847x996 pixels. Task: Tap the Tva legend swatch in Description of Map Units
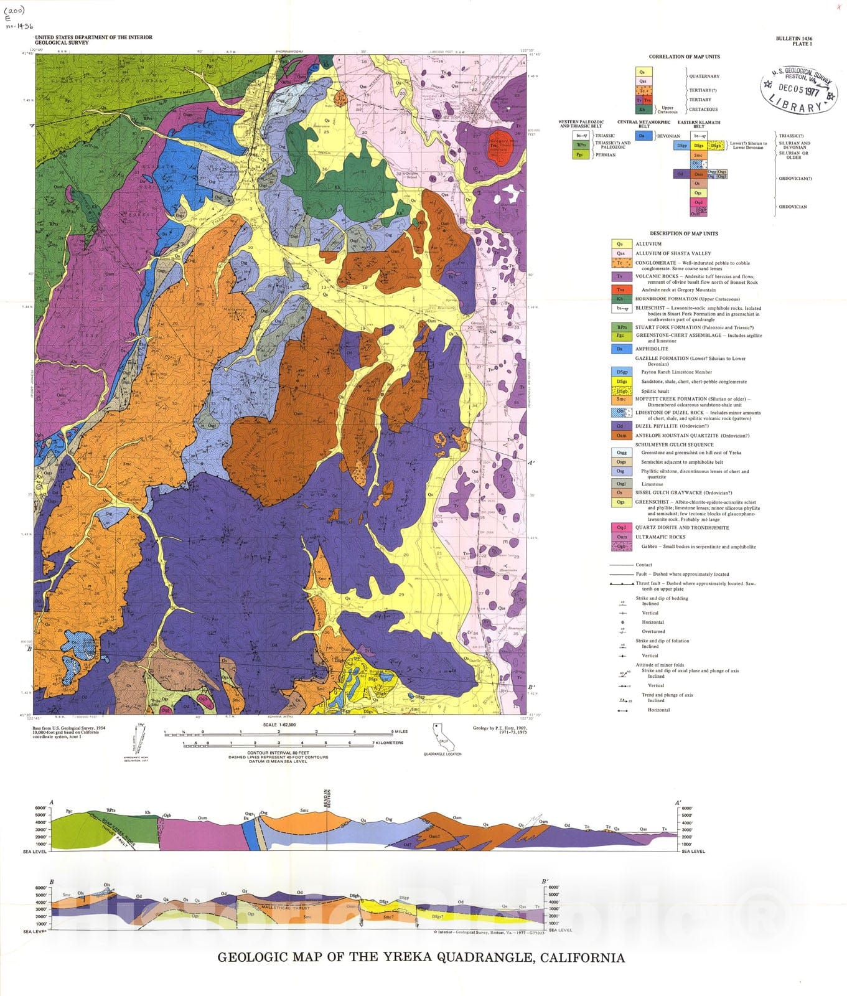[620, 289]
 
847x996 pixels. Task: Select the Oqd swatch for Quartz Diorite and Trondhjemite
[620, 527]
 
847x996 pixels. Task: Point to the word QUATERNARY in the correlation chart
[704, 76]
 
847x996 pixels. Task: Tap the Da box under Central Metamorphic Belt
[643, 135]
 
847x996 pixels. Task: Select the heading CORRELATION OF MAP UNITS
[684, 57]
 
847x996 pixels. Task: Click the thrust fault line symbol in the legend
[622, 584]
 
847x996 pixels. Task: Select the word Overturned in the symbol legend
[653, 631]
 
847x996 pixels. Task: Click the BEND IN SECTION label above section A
[328, 797]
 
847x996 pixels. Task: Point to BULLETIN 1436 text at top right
[793, 39]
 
